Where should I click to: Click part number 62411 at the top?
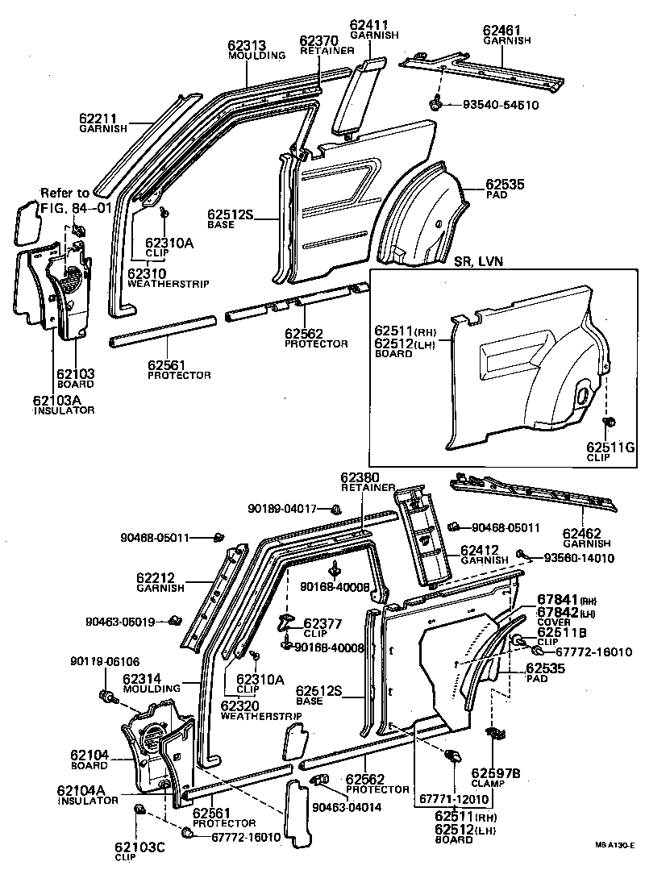[368, 26]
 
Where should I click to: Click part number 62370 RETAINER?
[321, 41]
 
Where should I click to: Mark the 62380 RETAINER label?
[361, 477]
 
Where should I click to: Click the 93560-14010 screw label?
[579, 557]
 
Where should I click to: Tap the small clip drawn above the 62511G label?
[610, 421]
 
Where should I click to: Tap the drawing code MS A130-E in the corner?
[615, 845]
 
